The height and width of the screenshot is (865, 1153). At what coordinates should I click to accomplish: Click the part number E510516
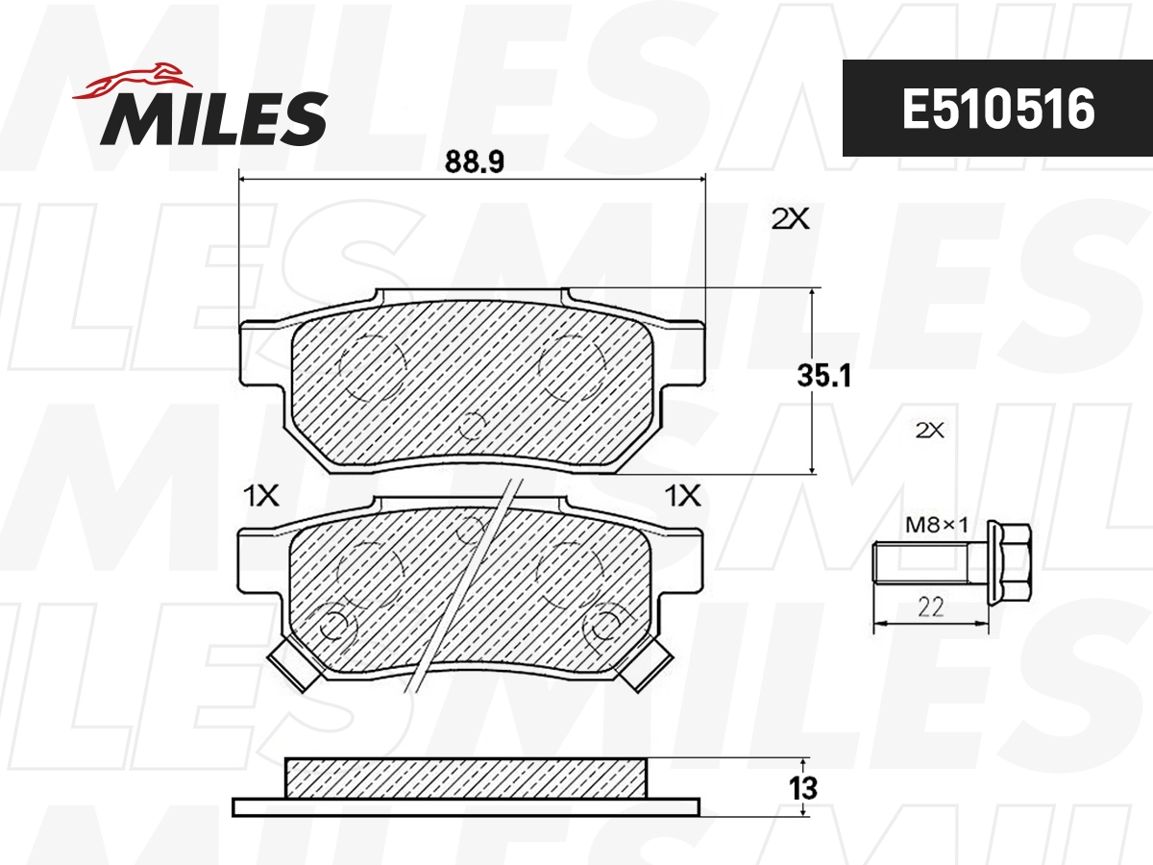[x=997, y=110]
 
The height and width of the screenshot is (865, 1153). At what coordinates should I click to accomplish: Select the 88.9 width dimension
[x=474, y=162]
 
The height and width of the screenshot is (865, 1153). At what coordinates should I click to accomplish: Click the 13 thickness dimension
[x=804, y=788]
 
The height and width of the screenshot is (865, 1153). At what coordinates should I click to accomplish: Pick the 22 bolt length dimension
[x=930, y=606]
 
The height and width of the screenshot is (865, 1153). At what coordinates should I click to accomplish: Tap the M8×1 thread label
[x=935, y=525]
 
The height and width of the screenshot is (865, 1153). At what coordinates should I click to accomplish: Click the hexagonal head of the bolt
[x=1009, y=560]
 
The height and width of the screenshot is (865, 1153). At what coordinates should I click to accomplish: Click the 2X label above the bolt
[x=930, y=432]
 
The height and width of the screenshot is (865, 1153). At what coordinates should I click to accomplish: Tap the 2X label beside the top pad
[x=791, y=219]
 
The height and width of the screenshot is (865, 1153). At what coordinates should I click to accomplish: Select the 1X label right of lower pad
[x=683, y=496]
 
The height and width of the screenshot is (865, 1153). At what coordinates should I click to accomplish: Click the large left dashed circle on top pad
[x=373, y=367]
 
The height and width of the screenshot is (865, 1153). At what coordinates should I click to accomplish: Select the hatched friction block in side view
[x=466, y=778]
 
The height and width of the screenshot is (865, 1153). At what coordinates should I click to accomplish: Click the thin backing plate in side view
[x=466, y=806]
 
